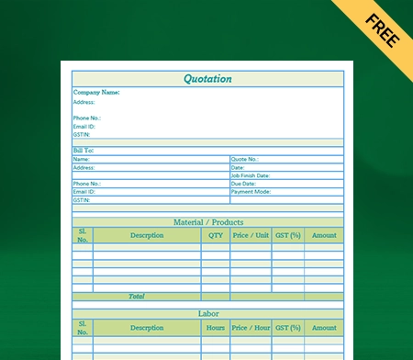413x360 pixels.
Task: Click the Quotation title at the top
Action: (207, 79)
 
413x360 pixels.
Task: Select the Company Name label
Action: (96, 93)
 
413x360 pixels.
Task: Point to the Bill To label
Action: (84, 151)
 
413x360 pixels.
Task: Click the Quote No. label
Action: (245, 159)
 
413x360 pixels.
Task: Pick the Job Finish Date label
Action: (251, 175)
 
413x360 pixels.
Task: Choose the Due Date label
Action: (243, 184)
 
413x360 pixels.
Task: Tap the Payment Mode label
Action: (251, 192)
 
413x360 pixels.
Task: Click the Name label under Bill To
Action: (82, 159)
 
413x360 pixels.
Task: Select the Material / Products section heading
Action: (208, 222)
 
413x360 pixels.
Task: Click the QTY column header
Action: (216, 235)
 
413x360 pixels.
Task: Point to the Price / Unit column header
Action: (251, 235)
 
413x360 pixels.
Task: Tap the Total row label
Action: (137, 297)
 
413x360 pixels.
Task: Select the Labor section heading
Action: (208, 314)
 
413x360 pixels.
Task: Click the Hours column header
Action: (216, 328)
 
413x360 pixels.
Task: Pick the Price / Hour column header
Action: (251, 328)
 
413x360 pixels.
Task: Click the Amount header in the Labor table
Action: (324, 328)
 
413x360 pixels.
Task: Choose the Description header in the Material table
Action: (147, 235)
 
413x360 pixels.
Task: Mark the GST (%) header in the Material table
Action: (288, 235)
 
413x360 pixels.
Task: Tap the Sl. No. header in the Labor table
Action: (83, 328)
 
